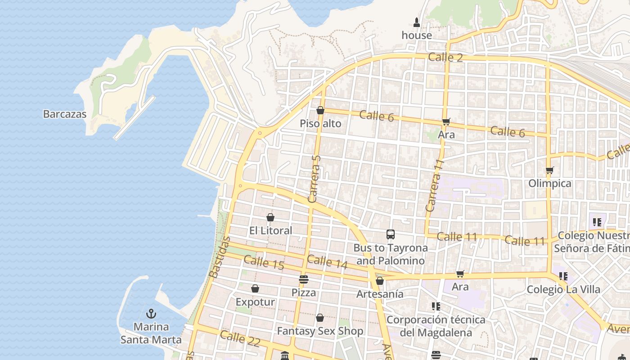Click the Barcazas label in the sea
[x=64, y=114]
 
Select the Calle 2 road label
[x=445, y=57]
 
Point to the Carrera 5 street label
[x=315, y=179]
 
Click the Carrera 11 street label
[x=434, y=185]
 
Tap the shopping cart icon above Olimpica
[x=549, y=171]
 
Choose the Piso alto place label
[x=320, y=124]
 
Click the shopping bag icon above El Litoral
[x=270, y=218]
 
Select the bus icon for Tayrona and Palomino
[x=390, y=234]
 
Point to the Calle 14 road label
[x=327, y=262]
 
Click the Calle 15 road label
[x=264, y=263]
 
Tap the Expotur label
[x=255, y=302]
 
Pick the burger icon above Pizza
[x=304, y=279]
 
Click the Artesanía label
[x=380, y=294]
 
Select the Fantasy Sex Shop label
[x=320, y=331]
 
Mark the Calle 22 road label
[x=240, y=338]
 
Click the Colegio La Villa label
[x=563, y=289]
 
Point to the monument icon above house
[x=417, y=22]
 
